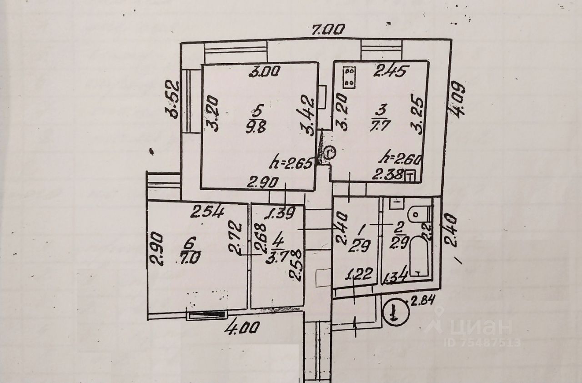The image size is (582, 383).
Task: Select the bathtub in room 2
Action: (418, 259)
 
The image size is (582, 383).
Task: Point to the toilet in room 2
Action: (416, 213)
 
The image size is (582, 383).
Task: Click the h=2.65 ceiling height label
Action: (292, 161)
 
